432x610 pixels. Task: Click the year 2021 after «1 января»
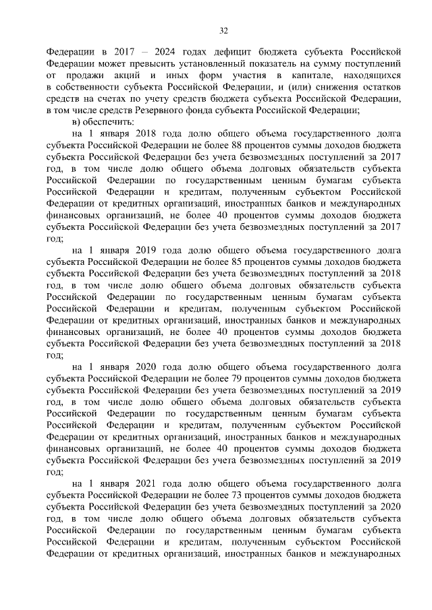coord(146,485)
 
